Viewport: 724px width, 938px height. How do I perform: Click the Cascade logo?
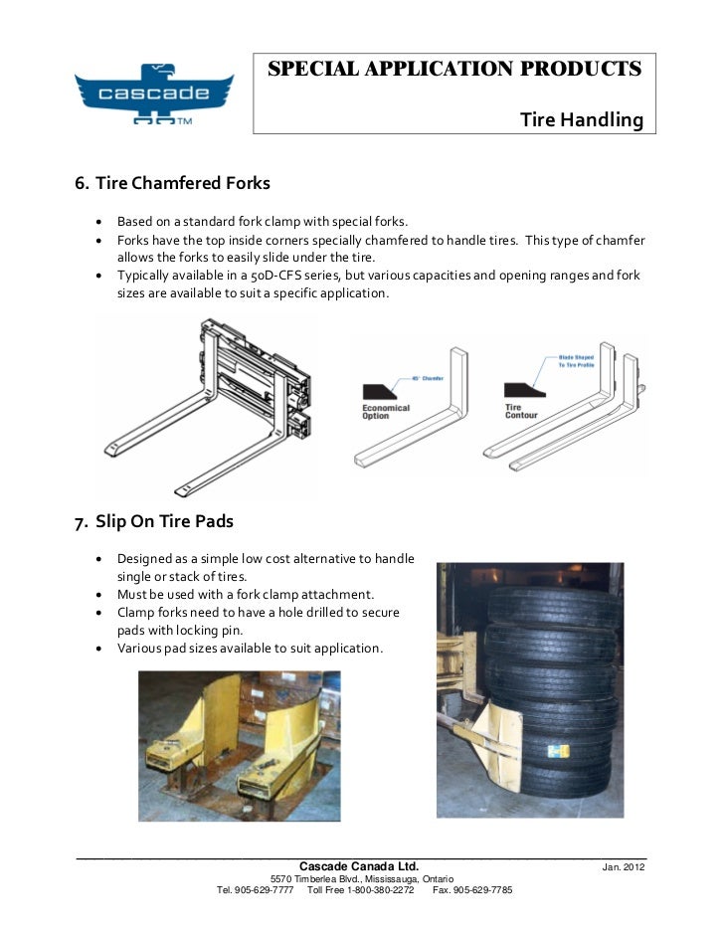click(x=153, y=95)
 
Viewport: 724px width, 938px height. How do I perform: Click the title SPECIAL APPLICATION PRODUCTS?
click(x=454, y=70)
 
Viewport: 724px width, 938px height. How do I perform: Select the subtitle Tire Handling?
click(x=582, y=120)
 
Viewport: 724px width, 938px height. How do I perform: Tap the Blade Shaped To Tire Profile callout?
click(x=576, y=360)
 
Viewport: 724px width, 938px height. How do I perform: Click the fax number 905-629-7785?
click(x=479, y=889)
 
